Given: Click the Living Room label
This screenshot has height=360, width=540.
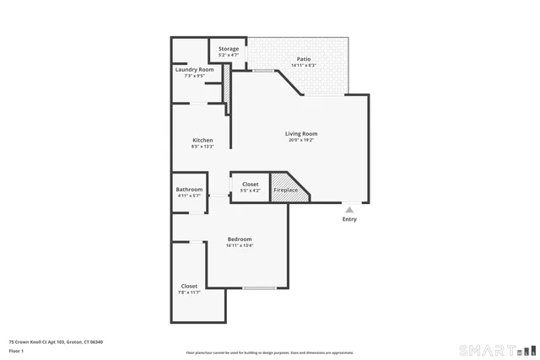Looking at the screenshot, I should pyautogui.click(x=301, y=133).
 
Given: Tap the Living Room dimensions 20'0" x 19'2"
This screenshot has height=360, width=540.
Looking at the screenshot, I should pyautogui.click(x=301, y=140).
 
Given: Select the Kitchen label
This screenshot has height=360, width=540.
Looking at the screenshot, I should pyautogui.click(x=202, y=140).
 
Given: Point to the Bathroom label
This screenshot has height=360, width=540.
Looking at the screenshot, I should pyautogui.click(x=189, y=190).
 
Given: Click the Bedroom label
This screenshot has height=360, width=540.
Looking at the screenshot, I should pyautogui.click(x=240, y=239).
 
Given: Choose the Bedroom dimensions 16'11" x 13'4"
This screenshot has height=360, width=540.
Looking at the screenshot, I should pyautogui.click(x=240, y=245).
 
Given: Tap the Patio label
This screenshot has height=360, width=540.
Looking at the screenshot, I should pyautogui.click(x=303, y=59).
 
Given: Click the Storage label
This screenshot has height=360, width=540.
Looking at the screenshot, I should pyautogui.click(x=229, y=49).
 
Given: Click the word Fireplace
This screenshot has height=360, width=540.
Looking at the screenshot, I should pyautogui.click(x=285, y=191).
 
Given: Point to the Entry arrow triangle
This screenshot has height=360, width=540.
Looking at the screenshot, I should pyautogui.click(x=349, y=209).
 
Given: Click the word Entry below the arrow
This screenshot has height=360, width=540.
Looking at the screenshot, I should pyautogui.click(x=349, y=219).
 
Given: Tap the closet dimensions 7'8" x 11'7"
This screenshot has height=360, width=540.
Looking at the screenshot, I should pyautogui.click(x=189, y=293).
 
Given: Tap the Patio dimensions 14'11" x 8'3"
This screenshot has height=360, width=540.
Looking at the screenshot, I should pyautogui.click(x=303, y=65).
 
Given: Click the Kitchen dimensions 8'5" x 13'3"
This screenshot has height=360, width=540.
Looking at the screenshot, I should pyautogui.click(x=202, y=147).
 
